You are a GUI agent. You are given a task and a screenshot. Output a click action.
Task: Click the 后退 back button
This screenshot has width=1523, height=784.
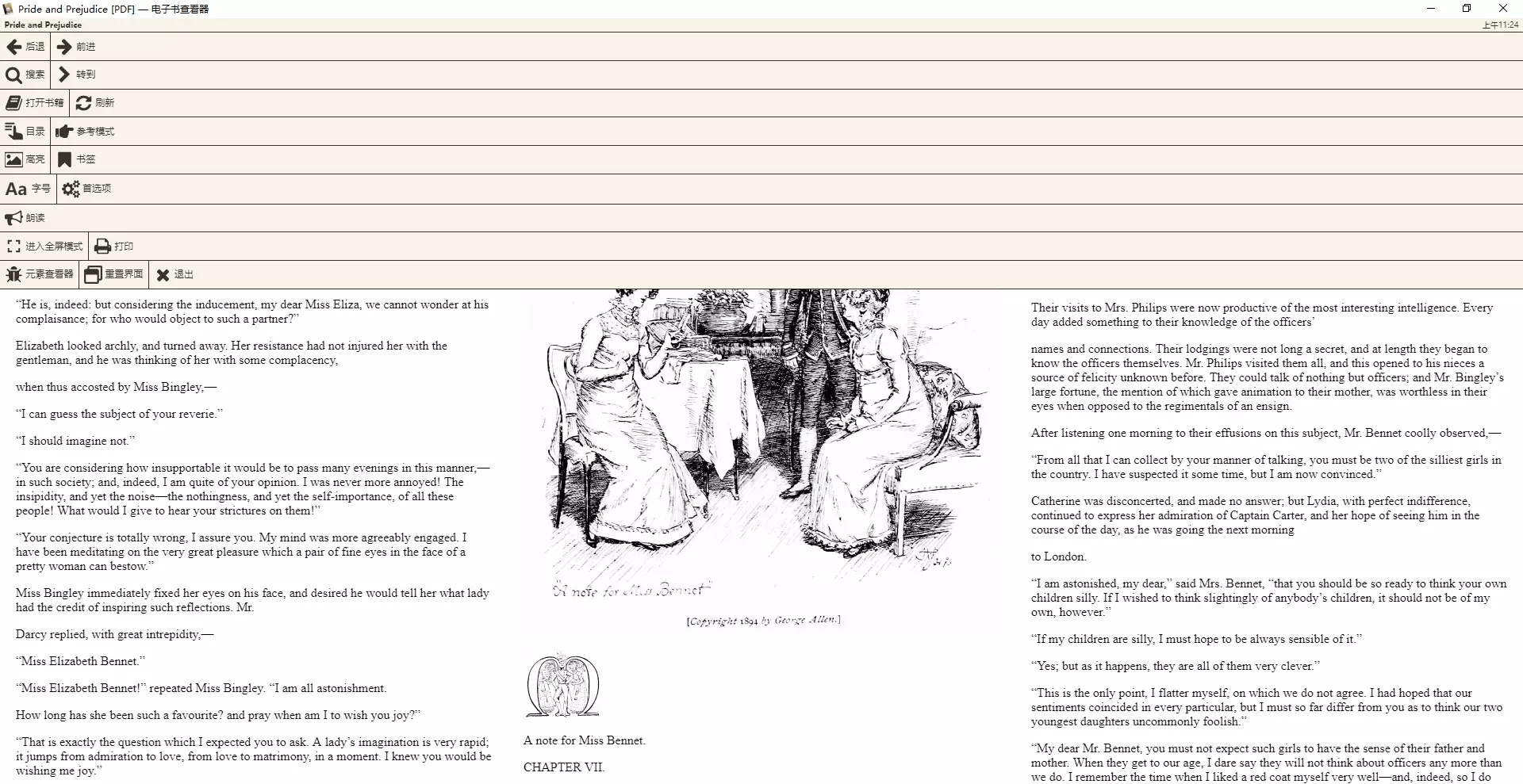pyautogui.click(x=25, y=47)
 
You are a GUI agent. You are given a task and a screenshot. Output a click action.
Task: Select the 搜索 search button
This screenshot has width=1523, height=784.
pyautogui.click(x=25, y=75)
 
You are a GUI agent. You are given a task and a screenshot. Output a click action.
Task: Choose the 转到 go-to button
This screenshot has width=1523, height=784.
pyautogui.click(x=77, y=75)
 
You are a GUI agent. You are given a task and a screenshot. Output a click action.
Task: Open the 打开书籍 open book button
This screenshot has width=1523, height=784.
pyautogui.click(x=35, y=103)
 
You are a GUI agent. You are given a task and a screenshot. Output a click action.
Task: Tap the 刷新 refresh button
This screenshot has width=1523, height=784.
pyautogui.click(x=95, y=103)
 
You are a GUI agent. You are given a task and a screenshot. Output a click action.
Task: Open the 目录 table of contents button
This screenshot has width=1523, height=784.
pyautogui.click(x=25, y=132)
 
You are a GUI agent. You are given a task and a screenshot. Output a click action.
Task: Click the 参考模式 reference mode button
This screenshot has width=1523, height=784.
pyautogui.click(x=86, y=132)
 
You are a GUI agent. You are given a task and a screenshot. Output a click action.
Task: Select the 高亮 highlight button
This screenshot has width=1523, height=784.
pyautogui.click(x=25, y=159)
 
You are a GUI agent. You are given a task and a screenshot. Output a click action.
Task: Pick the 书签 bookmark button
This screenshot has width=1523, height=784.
pyautogui.click(x=77, y=159)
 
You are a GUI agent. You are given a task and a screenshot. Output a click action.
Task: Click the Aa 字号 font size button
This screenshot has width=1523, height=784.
pyautogui.click(x=29, y=189)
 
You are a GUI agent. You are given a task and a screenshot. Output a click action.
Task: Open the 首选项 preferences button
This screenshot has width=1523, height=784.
pyautogui.click(x=87, y=189)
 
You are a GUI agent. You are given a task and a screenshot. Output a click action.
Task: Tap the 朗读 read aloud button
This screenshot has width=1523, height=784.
pyautogui.click(x=25, y=218)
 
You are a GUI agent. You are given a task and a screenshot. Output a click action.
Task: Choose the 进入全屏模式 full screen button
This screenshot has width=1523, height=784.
pyautogui.click(x=44, y=247)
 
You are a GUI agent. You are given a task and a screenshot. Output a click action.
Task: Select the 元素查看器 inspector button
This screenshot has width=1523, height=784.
pyautogui.click(x=40, y=274)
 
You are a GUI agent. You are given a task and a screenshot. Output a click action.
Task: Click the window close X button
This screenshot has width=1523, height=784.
pyautogui.click(x=1502, y=9)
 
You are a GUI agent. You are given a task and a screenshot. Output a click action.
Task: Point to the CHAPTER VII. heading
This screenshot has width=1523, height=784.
pyautogui.click(x=564, y=767)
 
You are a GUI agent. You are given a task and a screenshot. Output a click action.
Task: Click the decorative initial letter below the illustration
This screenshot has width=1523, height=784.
pyautogui.click(x=562, y=686)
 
